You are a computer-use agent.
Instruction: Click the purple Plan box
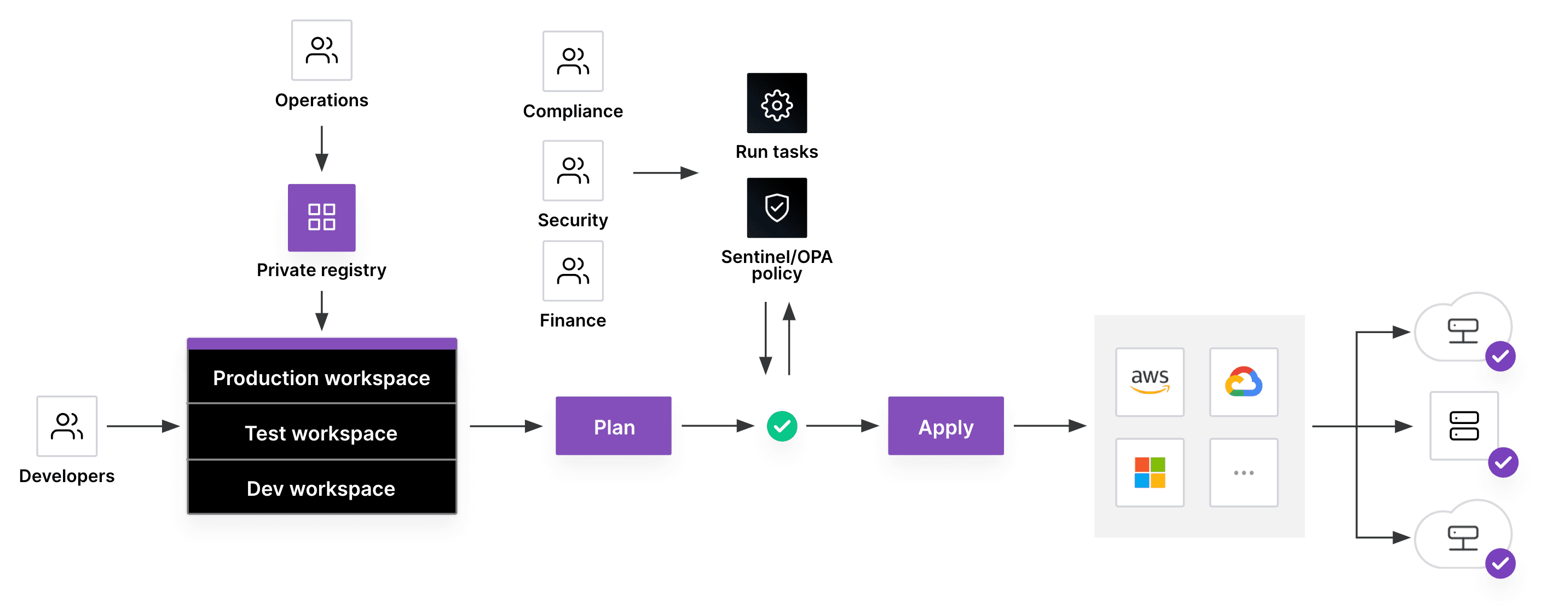tap(613, 426)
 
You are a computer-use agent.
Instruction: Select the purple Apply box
tap(945, 426)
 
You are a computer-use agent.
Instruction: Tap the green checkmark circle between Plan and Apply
tap(781, 426)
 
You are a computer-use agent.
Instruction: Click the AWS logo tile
tap(1150, 382)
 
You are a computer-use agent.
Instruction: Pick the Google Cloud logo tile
tap(1243, 382)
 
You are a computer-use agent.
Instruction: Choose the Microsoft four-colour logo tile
tap(1150, 472)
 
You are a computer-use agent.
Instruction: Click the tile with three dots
tap(1243, 472)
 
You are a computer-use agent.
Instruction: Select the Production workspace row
tap(321, 377)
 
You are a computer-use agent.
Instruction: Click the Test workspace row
tap(321, 433)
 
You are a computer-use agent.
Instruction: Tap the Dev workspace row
tap(321, 488)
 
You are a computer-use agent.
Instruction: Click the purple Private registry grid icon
tap(321, 217)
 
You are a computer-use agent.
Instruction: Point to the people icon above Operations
tap(321, 50)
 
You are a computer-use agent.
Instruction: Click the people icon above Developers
tap(67, 426)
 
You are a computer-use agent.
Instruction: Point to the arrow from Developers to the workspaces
tap(142, 426)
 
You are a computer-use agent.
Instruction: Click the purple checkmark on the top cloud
tap(1499, 357)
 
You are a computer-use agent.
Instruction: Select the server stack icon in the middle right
tap(1464, 426)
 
